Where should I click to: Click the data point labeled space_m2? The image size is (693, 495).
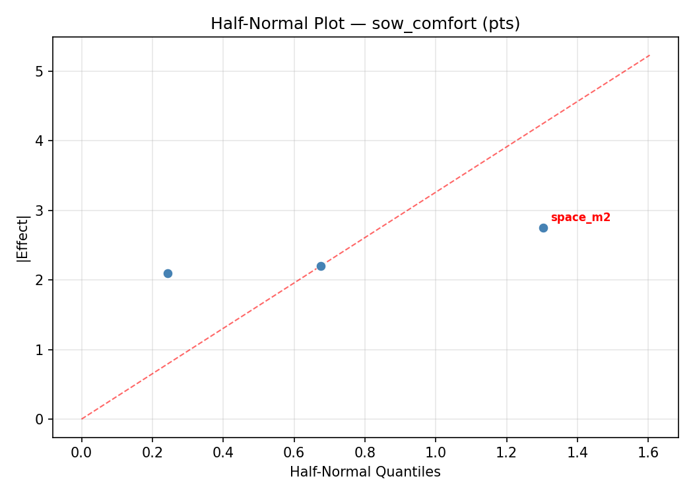(543, 228)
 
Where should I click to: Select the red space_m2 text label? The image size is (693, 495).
(580, 218)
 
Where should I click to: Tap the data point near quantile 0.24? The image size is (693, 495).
(168, 273)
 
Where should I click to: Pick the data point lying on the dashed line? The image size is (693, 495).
(321, 266)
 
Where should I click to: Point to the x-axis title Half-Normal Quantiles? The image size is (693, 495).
(365, 472)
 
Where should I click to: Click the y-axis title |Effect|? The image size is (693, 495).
(23, 238)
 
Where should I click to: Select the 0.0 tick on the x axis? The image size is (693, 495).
(82, 453)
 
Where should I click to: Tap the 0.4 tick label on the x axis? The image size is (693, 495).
(223, 453)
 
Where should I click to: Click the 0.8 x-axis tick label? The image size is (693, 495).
(365, 453)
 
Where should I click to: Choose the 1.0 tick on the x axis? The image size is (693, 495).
(436, 453)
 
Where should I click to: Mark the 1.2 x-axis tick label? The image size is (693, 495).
(506, 453)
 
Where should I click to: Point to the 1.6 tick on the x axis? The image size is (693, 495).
(648, 453)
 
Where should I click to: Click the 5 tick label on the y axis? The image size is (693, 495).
(40, 71)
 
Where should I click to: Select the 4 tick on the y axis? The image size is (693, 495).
(40, 141)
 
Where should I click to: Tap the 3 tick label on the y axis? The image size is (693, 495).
(40, 211)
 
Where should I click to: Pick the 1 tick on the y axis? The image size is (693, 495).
(40, 350)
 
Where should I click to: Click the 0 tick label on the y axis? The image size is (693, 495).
(40, 419)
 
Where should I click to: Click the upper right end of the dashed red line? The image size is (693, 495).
(649, 55)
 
